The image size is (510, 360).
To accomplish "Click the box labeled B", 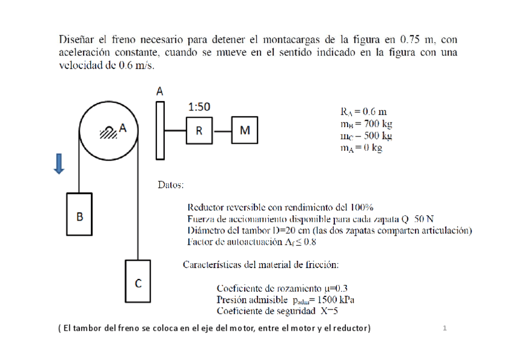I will (x=79, y=215).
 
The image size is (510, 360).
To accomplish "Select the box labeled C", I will (x=138, y=284).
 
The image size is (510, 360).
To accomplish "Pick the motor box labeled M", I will (x=245, y=130).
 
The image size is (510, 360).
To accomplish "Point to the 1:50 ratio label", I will (x=199, y=107).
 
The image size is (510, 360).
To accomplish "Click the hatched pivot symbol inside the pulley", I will (x=108, y=131).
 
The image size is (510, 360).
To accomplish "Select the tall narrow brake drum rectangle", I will (x=159, y=130).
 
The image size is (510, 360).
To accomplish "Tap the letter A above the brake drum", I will (x=160, y=91).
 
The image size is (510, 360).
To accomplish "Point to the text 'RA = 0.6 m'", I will (x=363, y=112).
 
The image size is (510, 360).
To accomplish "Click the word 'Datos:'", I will (x=171, y=185).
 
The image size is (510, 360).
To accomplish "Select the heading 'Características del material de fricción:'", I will (x=260, y=264).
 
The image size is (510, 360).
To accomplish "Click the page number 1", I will (x=444, y=328).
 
